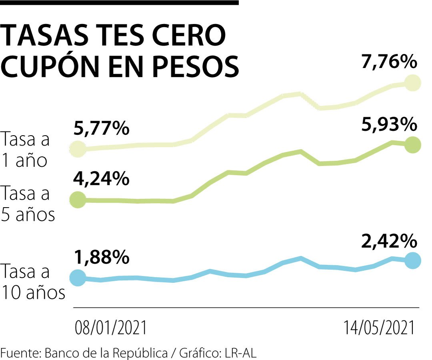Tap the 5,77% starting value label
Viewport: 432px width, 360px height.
(101, 129)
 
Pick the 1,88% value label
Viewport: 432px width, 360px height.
(101, 258)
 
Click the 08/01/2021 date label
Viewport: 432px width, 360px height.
(111, 328)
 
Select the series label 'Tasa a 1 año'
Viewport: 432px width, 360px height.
(26, 150)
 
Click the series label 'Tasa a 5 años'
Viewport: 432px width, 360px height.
(28, 204)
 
